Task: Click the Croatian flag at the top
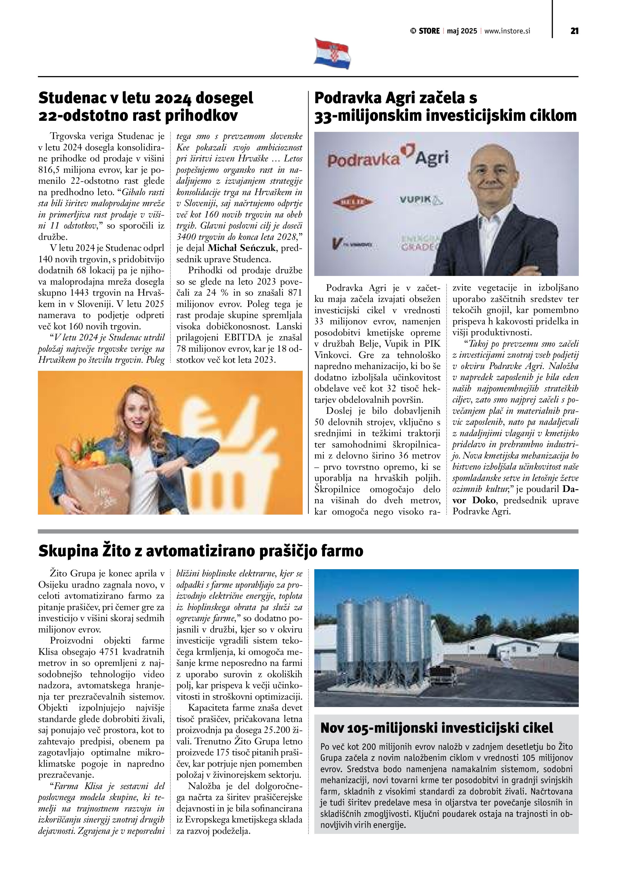tap(332, 54)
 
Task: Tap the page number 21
tap(574, 31)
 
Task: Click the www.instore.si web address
tap(507, 31)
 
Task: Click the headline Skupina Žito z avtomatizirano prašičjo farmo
tap(201, 551)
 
